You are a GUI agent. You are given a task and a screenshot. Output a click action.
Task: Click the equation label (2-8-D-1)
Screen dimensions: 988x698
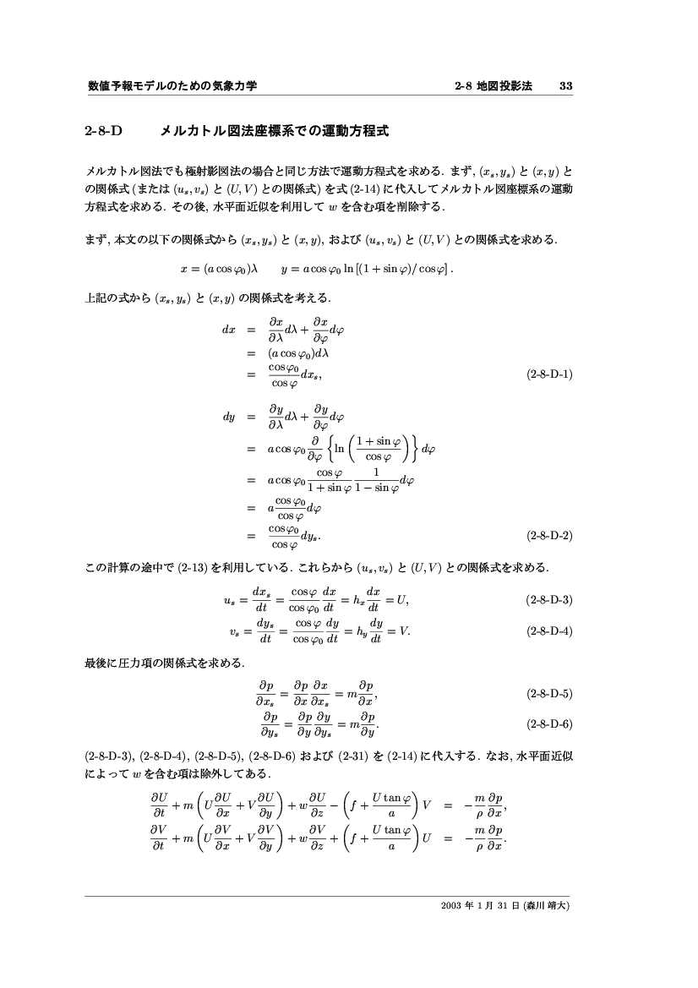549,374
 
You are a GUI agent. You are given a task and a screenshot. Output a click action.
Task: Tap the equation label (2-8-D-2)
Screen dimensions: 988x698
549,535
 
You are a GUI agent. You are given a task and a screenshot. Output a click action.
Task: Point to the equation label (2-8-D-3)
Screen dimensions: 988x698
549,600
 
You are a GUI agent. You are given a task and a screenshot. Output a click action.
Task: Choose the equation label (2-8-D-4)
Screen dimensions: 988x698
549,630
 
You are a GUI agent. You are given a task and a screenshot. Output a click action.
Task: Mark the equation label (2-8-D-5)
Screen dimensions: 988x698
549,694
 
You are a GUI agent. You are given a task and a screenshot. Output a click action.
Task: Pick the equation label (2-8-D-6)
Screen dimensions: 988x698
549,723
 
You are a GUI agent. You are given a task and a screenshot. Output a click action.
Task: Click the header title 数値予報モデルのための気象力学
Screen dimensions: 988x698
172,86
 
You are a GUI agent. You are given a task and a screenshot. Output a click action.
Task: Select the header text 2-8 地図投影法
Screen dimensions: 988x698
493,86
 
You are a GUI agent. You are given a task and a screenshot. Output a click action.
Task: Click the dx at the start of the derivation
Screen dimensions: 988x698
224,329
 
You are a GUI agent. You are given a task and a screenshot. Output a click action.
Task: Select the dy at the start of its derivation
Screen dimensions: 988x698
224,418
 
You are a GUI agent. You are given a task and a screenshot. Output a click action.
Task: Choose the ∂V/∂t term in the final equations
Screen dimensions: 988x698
158,842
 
